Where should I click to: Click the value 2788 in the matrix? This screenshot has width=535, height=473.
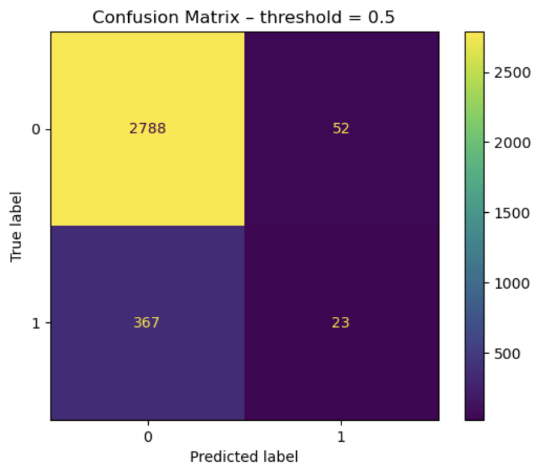(x=147, y=129)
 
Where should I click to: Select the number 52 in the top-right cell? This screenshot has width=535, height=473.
(x=341, y=129)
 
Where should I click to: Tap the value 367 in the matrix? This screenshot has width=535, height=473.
(x=147, y=323)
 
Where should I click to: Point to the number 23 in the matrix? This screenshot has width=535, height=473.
(x=341, y=323)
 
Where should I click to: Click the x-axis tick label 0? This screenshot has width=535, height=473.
(x=147, y=437)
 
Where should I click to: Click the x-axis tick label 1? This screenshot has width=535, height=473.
(x=341, y=437)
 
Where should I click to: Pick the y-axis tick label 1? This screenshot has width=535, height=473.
(x=35, y=323)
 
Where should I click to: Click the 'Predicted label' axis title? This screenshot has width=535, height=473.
(x=244, y=457)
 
